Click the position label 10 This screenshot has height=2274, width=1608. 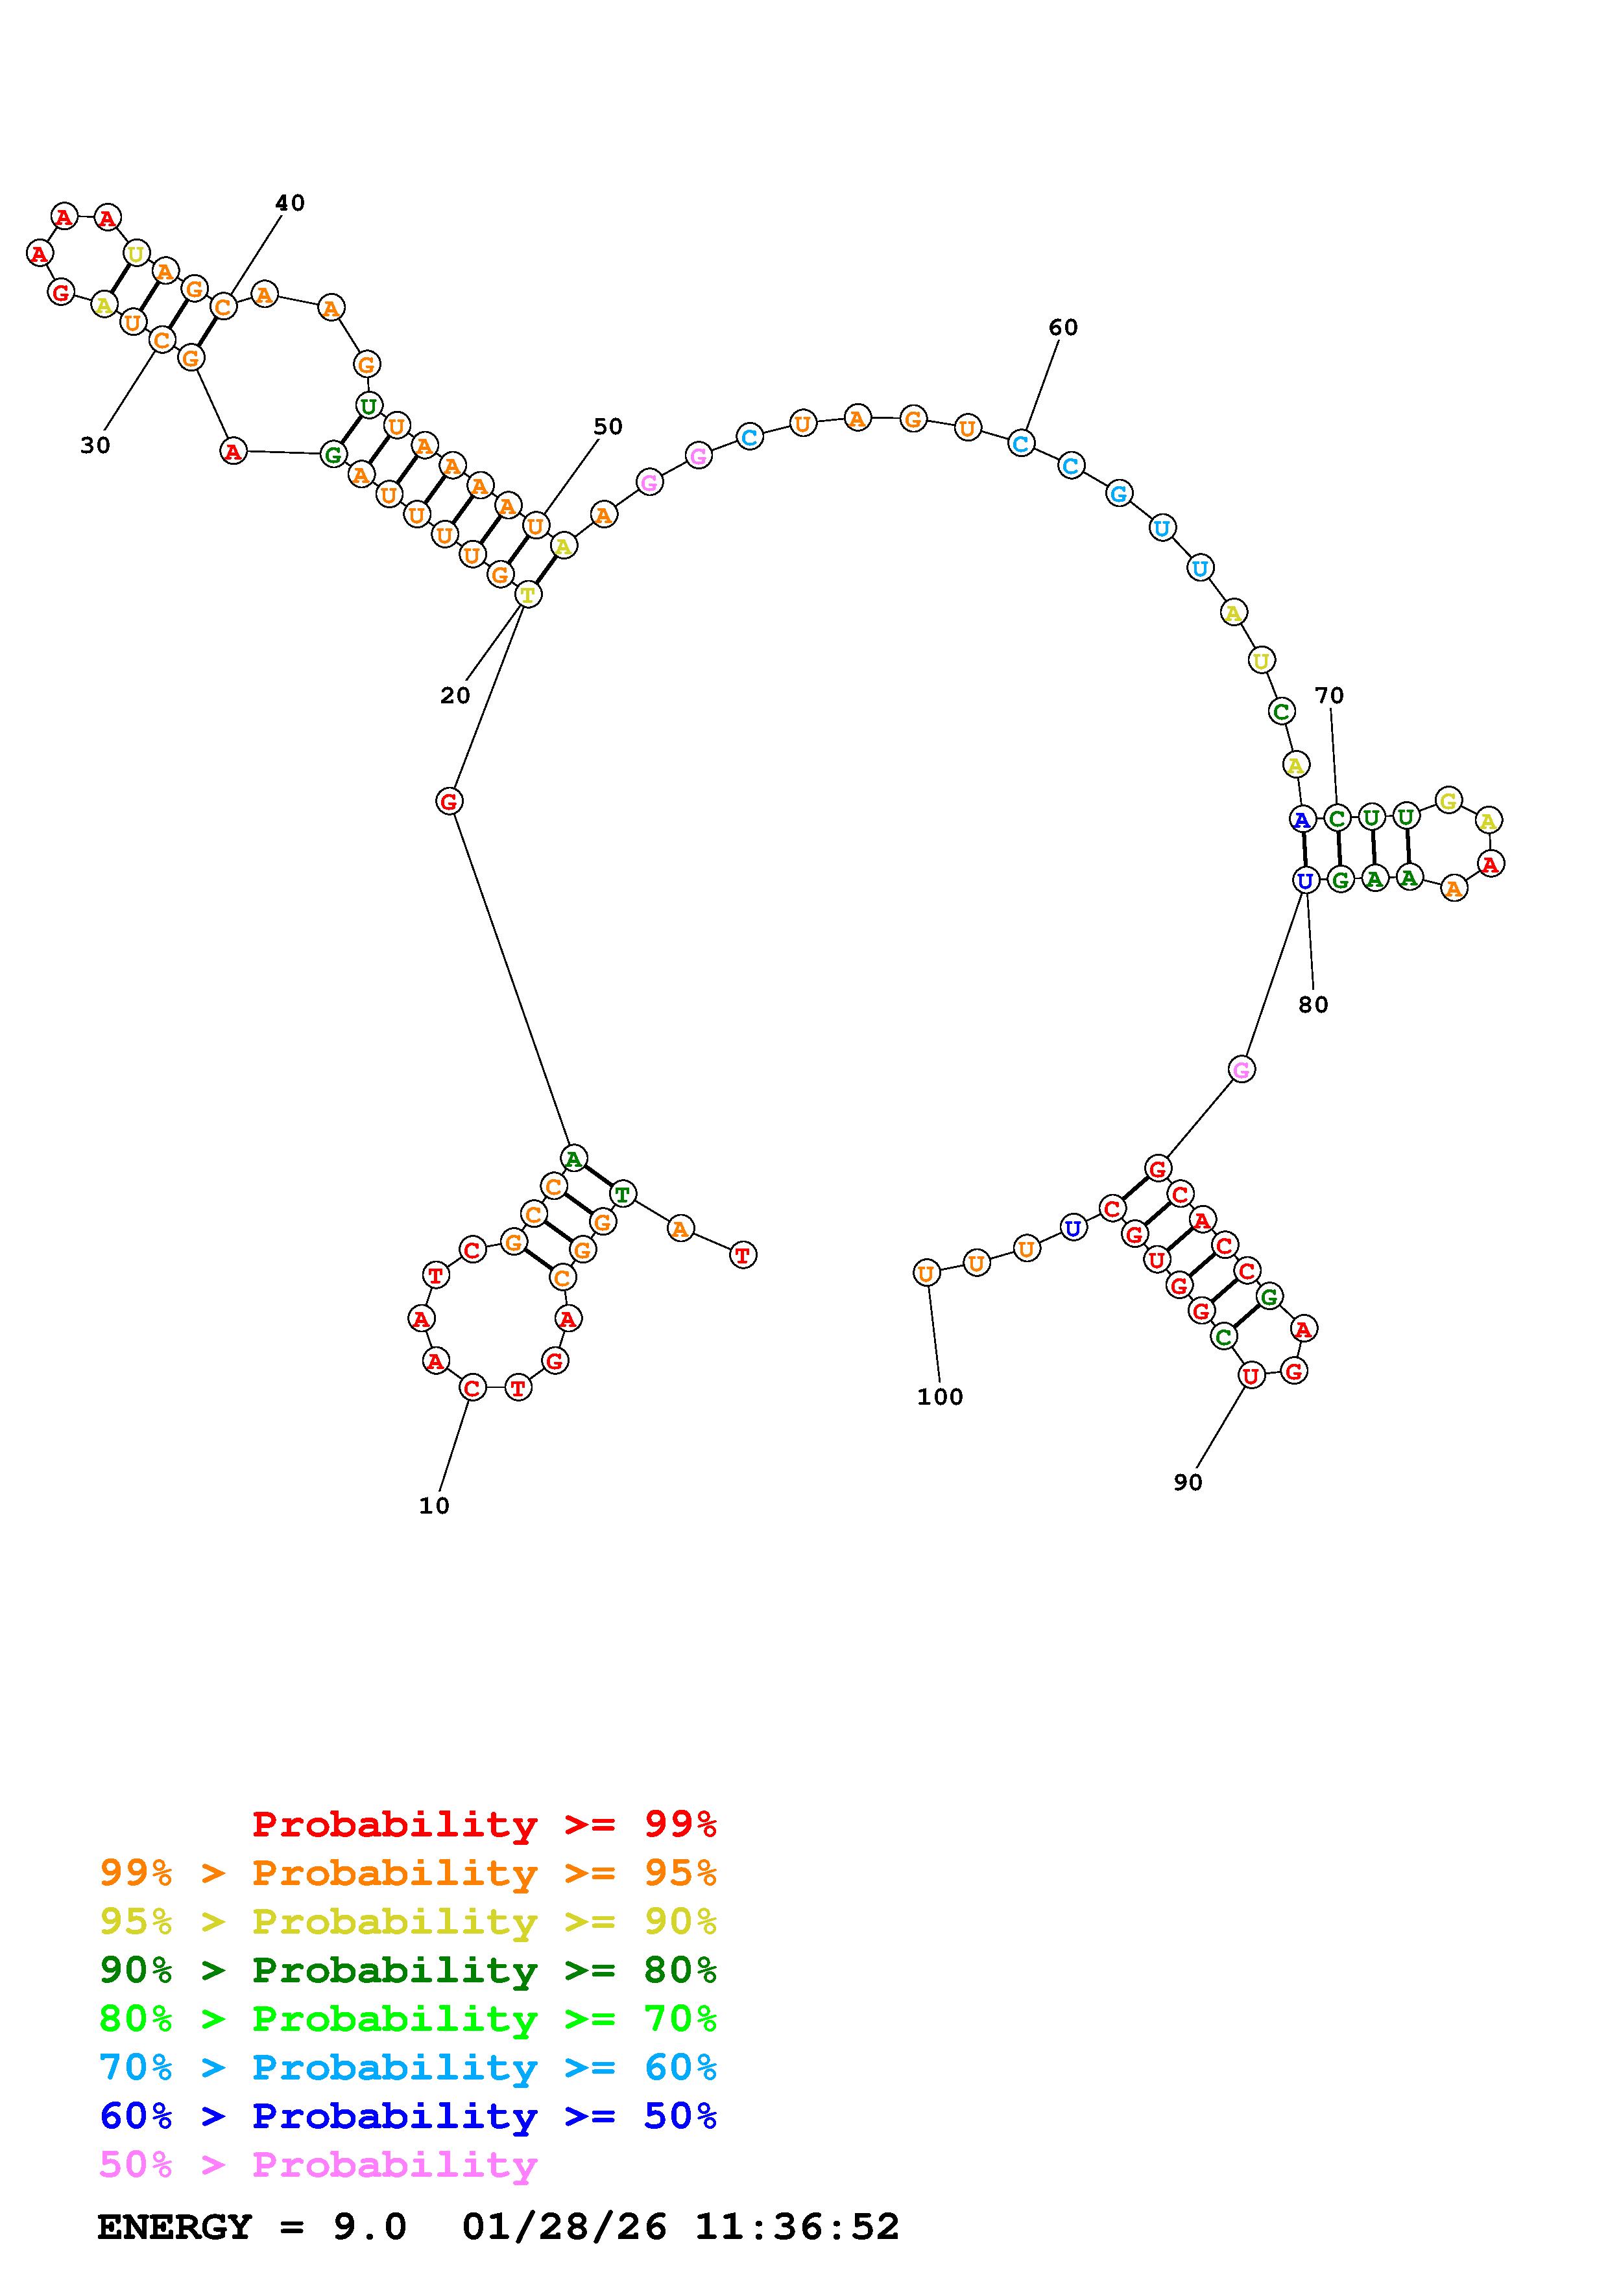click(434, 1505)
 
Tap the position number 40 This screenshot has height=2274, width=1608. click(289, 203)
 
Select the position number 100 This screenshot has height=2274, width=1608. click(939, 1398)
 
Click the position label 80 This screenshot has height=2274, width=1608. click(1313, 1004)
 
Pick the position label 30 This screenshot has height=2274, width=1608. click(95, 446)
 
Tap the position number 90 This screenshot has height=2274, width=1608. click(1187, 1483)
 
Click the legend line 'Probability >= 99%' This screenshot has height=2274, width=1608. click(485, 1824)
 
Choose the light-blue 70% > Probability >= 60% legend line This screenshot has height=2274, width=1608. click(408, 2068)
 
